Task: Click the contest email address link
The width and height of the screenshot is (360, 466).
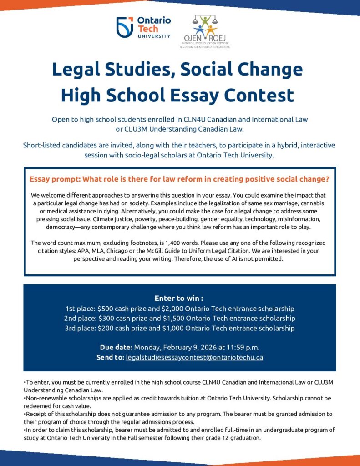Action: click(x=194, y=357)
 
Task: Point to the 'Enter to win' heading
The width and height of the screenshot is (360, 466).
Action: click(x=179, y=299)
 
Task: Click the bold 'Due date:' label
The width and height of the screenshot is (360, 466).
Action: click(x=116, y=348)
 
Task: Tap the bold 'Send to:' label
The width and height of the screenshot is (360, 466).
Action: click(x=110, y=357)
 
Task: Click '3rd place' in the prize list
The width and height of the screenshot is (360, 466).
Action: click(x=80, y=328)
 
